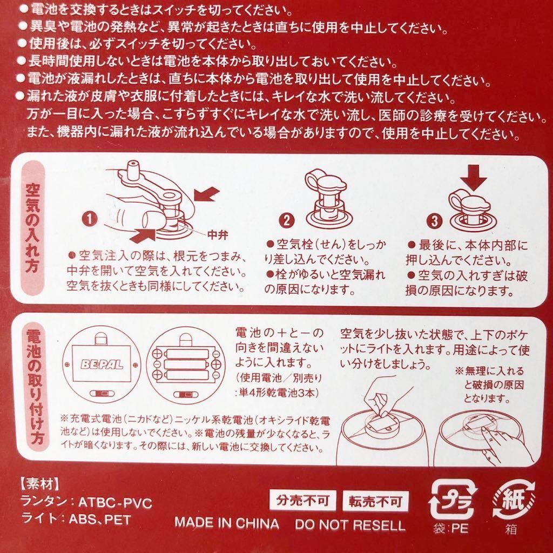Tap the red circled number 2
(286, 219)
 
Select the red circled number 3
(433, 220)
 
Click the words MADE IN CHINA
(226, 524)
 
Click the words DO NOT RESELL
(350, 524)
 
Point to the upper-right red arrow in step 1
(205, 194)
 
